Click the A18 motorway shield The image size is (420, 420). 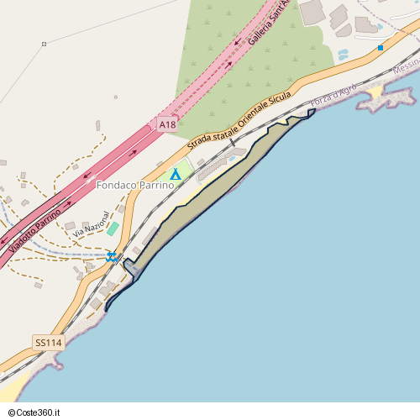(x=167, y=125)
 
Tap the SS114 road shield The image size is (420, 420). (x=49, y=343)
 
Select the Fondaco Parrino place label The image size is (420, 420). (x=134, y=185)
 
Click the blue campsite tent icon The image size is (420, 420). (x=176, y=174)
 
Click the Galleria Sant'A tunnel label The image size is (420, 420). (x=268, y=22)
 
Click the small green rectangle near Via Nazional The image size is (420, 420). (x=113, y=228)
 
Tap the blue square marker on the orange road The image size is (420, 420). (x=381, y=48)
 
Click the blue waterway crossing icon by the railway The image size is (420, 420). (x=112, y=256)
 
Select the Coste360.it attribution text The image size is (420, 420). (x=32, y=412)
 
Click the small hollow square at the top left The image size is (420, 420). (x=44, y=44)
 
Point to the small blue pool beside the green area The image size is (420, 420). (x=343, y=55)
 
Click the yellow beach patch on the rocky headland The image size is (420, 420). (x=375, y=92)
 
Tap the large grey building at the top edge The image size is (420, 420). (x=312, y=12)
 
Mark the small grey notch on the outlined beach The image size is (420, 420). (x=130, y=269)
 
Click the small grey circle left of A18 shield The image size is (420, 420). (x=116, y=97)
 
